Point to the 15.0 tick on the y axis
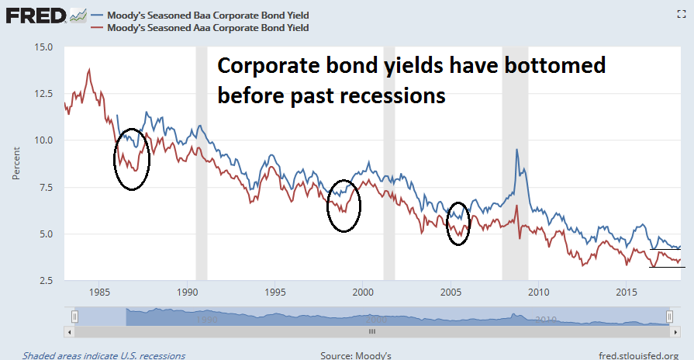(x=44, y=47)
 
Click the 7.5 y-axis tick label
(x=44, y=187)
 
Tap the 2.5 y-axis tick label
(x=44, y=280)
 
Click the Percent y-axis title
(x=16, y=164)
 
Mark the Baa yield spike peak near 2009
(x=516, y=150)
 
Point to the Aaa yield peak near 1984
(x=90, y=70)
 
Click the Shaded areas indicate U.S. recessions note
(x=104, y=355)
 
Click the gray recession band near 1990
(x=201, y=163)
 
